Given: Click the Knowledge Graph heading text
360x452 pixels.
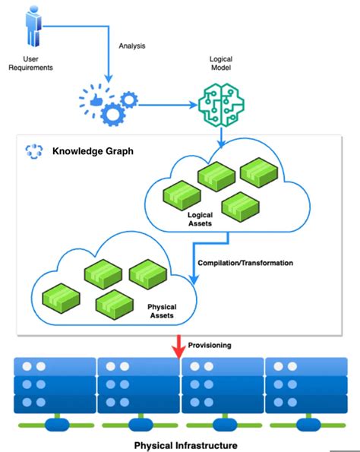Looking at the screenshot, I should [93, 151].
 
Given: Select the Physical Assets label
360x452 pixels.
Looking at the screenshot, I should [162, 311].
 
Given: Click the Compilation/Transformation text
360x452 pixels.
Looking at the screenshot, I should [245, 263].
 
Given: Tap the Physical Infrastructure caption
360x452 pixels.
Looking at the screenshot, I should [185, 445].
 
